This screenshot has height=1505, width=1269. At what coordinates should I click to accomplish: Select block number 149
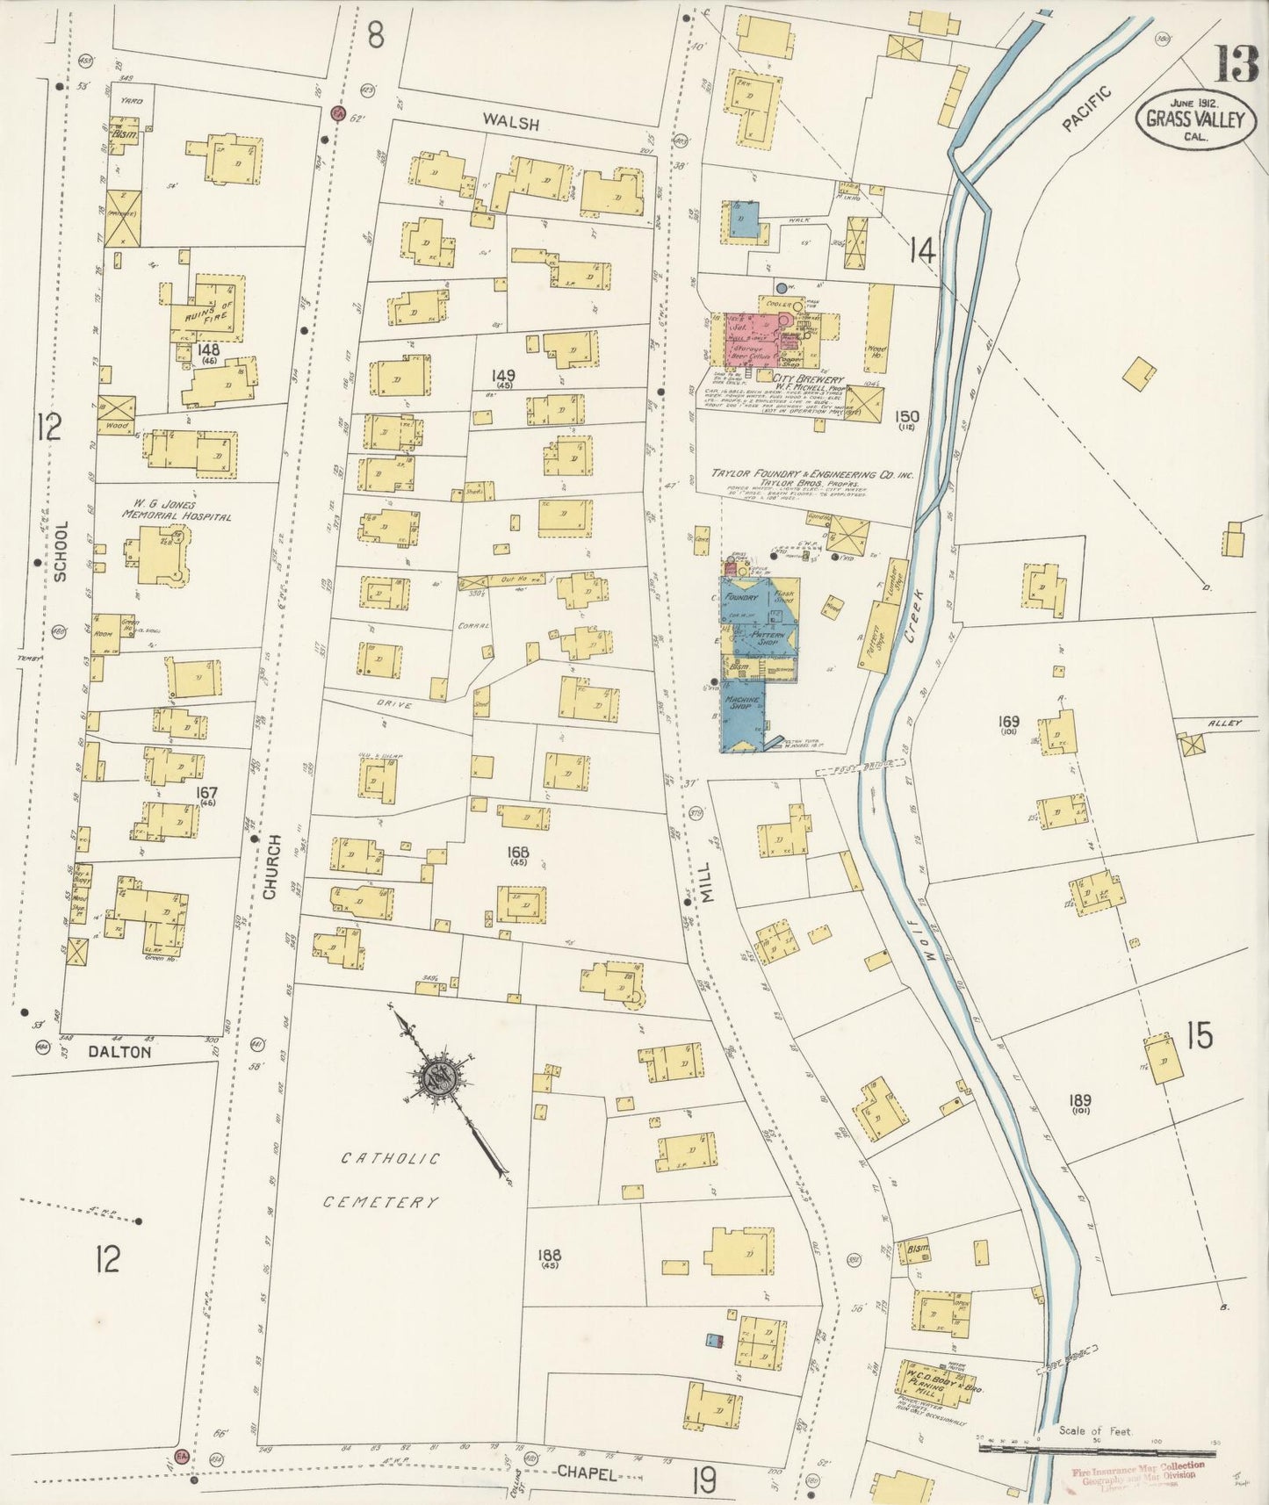pyautogui.click(x=504, y=377)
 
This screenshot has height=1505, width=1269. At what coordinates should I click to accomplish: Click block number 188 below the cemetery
pyautogui.click(x=551, y=1255)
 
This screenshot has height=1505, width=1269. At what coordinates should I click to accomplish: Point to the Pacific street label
pyautogui.click(x=1086, y=109)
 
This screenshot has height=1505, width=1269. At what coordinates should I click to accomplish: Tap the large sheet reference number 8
pyautogui.click(x=376, y=37)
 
